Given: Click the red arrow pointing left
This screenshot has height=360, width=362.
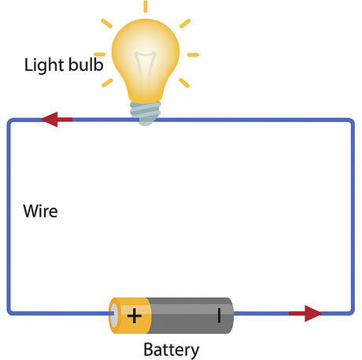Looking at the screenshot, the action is (x=57, y=120).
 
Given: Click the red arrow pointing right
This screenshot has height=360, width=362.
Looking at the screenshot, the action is (x=305, y=314).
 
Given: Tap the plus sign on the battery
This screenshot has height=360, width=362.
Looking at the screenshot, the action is (x=135, y=315).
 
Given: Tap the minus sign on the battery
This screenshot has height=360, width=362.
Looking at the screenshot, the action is (x=219, y=315).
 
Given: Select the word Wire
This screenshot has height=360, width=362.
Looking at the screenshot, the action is (x=40, y=211).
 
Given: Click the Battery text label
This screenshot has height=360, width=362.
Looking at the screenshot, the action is (x=172, y=351).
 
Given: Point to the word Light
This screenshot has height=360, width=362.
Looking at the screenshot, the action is (x=44, y=65).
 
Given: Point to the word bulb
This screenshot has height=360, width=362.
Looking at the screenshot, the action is (x=86, y=65).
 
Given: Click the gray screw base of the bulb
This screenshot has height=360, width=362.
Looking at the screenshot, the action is (x=146, y=113).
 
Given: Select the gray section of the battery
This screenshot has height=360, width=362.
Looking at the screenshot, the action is (x=190, y=315).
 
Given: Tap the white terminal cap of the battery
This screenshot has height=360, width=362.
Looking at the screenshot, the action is (x=114, y=315).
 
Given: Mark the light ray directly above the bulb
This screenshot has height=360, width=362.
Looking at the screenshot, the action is (x=146, y=6).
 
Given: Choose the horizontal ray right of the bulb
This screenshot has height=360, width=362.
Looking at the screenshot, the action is (x=193, y=54).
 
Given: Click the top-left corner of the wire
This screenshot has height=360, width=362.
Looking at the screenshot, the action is (x=9, y=121).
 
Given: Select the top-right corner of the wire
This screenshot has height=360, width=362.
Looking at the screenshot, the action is (x=352, y=121).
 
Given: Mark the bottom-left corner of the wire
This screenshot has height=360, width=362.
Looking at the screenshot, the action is (x=9, y=312).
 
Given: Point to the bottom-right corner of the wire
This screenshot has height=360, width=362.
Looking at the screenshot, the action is (x=352, y=312).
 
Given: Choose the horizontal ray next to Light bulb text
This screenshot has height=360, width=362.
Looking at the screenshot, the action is (x=100, y=54).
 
